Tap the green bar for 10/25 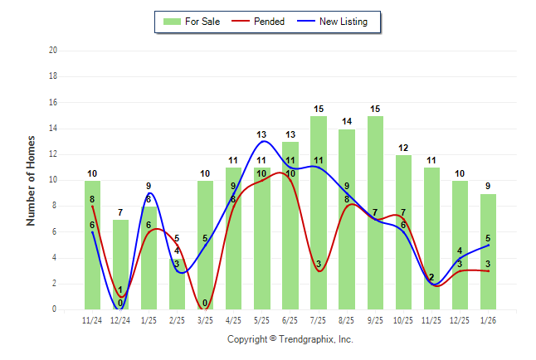click(403, 232)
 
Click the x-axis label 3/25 click(206, 319)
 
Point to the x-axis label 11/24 click(93, 319)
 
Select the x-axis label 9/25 click(375, 319)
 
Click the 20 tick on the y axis click(53, 51)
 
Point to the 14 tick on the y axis click(53, 129)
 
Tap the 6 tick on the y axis click(54, 232)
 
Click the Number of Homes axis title click(32, 180)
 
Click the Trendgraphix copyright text click(290, 339)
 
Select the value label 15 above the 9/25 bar click(375, 109)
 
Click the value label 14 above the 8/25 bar click(347, 122)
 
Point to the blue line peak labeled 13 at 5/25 click(262, 141)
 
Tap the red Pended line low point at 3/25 click(206, 309)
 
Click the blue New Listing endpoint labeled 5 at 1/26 click(488, 245)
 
